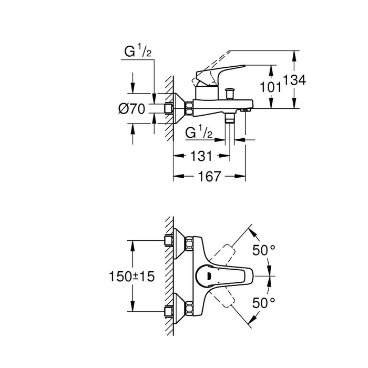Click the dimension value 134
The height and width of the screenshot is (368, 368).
pos(295,80)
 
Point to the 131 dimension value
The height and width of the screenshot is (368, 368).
pos(201,156)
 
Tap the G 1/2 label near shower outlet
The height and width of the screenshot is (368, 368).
pos(199,134)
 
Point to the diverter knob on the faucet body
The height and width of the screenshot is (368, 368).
pos(229,95)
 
